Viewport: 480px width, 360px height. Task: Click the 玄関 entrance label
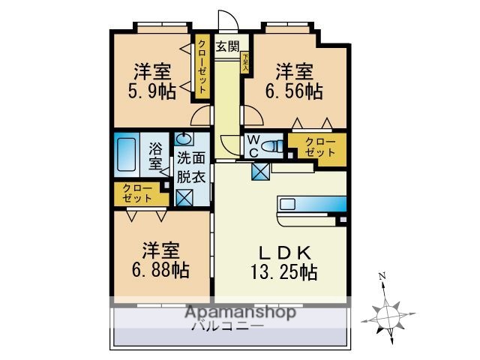[x=228, y=46]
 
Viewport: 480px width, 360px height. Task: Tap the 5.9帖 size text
[x=152, y=92]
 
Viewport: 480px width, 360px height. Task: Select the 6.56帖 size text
[x=295, y=92]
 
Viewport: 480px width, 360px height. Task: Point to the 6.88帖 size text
[x=160, y=268]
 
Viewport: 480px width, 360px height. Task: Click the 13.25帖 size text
[x=283, y=272]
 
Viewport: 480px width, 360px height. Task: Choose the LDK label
[x=283, y=252]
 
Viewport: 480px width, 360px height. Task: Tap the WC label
[x=253, y=144]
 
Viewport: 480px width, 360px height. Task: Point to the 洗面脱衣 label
[x=190, y=168]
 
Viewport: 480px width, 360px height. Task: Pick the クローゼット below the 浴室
[x=136, y=193]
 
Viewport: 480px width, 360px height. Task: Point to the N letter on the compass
[x=382, y=276]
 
